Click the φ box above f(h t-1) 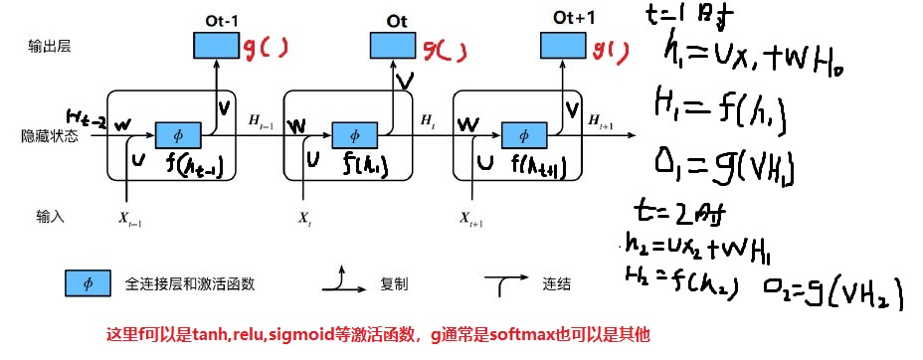pos(179,134)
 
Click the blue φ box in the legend pos(88,283)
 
